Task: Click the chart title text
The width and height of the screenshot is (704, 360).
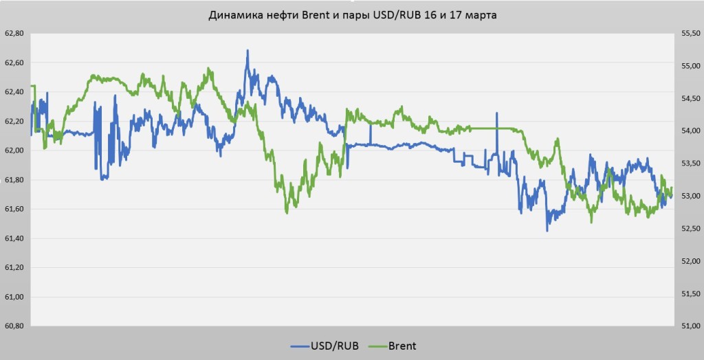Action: point(352,14)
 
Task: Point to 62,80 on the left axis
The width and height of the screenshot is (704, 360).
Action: point(14,33)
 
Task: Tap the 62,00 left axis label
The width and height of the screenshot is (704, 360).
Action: point(14,150)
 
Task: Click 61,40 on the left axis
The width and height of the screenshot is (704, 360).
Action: point(14,238)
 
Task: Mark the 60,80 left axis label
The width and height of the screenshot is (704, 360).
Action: point(14,326)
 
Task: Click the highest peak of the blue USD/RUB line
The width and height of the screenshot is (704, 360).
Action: point(247,50)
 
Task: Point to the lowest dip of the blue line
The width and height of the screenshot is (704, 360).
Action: point(547,231)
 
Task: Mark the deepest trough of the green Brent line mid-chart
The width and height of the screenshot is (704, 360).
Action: point(287,213)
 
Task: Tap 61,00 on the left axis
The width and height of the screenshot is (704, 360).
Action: point(14,297)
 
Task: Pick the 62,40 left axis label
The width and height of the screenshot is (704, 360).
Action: point(14,92)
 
